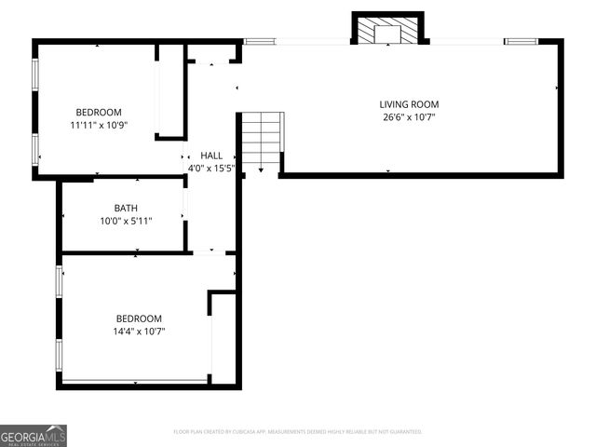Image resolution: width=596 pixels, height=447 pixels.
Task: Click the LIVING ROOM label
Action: [409, 104]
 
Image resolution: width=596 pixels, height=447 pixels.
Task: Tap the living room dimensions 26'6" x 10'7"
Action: [409, 117]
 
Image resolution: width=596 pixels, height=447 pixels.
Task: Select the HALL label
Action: [211, 156]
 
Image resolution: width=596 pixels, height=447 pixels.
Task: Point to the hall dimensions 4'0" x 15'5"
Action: [211, 169]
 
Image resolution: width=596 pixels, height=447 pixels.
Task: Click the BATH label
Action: [126, 208]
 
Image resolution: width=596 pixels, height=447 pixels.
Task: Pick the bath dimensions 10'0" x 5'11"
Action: [126, 221]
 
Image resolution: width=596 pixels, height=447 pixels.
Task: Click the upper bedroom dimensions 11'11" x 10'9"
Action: [98, 125]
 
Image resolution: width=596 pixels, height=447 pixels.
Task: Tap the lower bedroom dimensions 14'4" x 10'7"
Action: [139, 331]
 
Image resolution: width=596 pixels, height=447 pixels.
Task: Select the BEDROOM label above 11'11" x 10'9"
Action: [98, 112]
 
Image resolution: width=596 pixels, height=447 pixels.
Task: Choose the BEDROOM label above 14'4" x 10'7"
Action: [139, 318]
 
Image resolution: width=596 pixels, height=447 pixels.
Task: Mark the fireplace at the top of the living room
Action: [387, 32]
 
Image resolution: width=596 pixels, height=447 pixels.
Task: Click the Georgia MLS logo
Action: [34, 435]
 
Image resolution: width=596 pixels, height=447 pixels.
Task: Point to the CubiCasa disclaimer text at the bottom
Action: [298, 432]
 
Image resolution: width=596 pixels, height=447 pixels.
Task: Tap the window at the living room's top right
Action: [521, 41]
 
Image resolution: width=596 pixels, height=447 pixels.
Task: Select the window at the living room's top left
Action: [260, 41]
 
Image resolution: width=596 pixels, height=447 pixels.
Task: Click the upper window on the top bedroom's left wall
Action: [35, 75]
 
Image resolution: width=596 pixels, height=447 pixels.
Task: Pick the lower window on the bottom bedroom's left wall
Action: [59, 355]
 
